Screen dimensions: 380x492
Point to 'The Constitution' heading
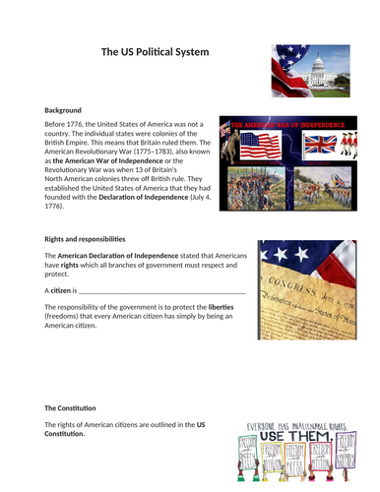pyautogui.click(x=70, y=407)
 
